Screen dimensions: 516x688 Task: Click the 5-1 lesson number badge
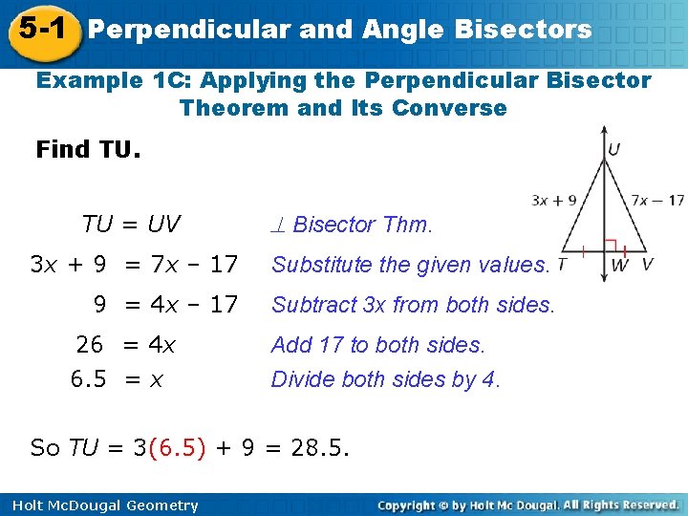click(40, 30)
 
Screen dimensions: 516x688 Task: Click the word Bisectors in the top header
click(525, 30)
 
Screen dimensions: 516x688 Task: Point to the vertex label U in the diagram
click(613, 149)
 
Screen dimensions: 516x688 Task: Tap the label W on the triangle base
click(619, 265)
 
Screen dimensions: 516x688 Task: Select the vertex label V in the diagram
click(648, 265)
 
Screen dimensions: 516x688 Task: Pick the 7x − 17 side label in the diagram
click(658, 200)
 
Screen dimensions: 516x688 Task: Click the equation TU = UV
click(131, 225)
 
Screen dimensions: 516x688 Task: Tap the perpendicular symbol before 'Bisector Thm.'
click(279, 225)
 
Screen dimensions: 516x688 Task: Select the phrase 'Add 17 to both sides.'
click(378, 344)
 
